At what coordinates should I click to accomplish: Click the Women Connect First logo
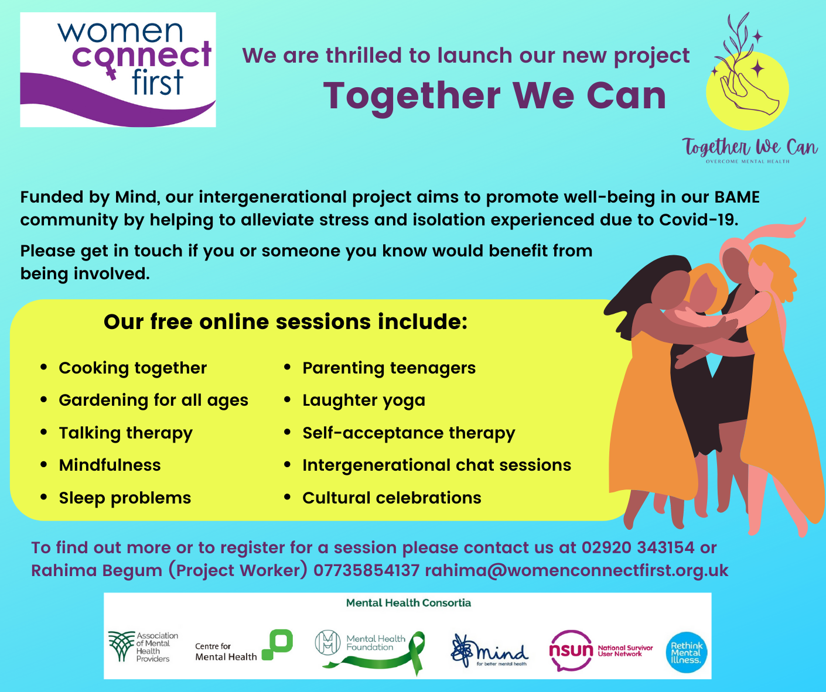[x=118, y=70]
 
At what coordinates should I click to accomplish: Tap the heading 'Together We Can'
[x=494, y=95]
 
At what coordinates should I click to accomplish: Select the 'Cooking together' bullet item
[x=132, y=368]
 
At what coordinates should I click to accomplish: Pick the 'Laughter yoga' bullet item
[x=363, y=400]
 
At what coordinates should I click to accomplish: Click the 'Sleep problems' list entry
[x=125, y=498]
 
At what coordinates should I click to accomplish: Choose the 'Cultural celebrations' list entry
[x=391, y=498]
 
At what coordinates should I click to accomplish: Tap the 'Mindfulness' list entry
[x=110, y=465]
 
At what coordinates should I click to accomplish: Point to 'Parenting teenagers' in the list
[x=388, y=368]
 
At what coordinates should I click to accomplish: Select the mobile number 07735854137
[x=366, y=571]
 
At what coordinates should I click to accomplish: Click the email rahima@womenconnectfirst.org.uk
[x=576, y=571]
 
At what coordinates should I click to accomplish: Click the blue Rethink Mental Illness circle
[x=686, y=652]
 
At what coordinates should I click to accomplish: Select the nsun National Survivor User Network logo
[x=600, y=650]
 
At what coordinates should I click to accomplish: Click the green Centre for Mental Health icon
[x=278, y=644]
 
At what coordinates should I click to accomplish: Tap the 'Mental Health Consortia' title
[x=408, y=603]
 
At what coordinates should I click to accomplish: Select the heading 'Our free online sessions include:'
[x=285, y=322]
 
